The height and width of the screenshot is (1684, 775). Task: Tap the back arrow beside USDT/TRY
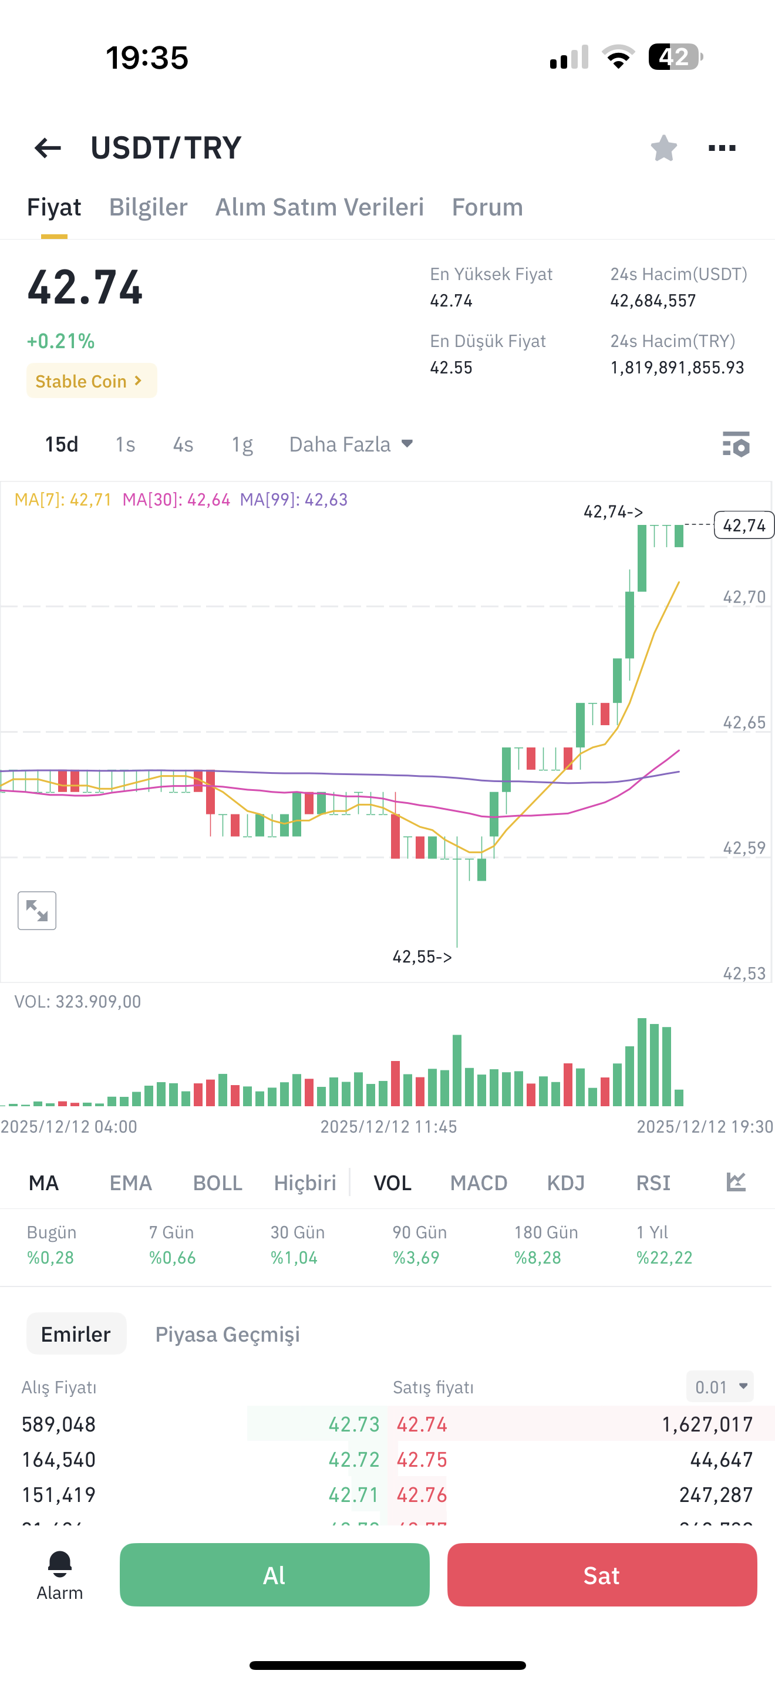(x=48, y=149)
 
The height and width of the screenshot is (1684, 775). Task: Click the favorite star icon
(x=664, y=148)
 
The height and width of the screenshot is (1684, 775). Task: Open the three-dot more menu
(x=722, y=149)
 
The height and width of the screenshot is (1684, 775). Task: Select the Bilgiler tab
(x=149, y=207)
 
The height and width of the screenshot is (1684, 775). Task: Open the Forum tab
(x=487, y=207)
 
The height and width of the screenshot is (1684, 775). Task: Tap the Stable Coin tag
(x=92, y=380)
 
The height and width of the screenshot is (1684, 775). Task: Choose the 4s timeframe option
(x=183, y=444)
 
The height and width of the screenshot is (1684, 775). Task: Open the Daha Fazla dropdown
(x=352, y=444)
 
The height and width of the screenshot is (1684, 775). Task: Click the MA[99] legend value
(x=294, y=500)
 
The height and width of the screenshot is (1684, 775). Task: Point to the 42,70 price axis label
(x=744, y=597)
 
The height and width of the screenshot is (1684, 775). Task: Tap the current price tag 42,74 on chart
(x=744, y=525)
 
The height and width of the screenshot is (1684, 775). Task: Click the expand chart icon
(x=37, y=911)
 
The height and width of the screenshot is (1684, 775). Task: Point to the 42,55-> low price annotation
(x=422, y=957)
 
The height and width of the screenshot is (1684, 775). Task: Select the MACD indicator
(x=479, y=1183)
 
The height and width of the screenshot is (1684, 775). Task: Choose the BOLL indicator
(x=218, y=1183)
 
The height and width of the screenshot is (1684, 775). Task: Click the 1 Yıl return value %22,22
(x=665, y=1258)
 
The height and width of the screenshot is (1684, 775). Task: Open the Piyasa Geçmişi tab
(x=227, y=1334)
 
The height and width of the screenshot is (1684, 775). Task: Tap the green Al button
(x=274, y=1575)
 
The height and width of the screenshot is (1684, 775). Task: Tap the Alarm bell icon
(x=59, y=1564)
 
